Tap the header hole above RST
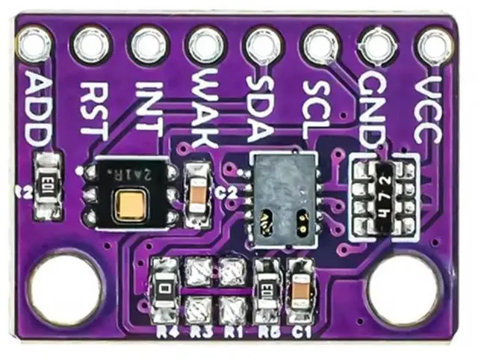(x=91, y=46)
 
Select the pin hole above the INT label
(x=148, y=45)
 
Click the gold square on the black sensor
(x=129, y=203)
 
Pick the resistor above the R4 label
(x=164, y=288)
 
